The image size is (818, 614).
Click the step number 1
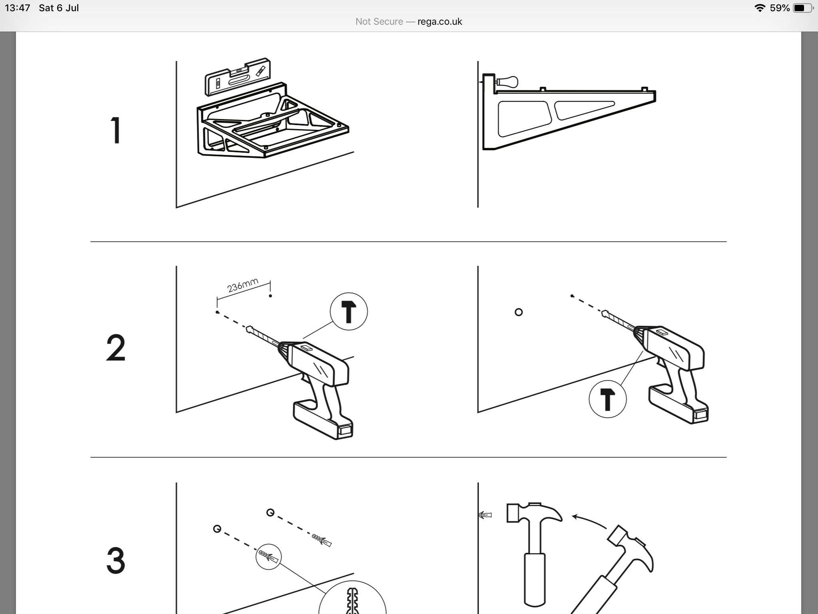click(115, 130)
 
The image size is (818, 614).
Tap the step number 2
click(115, 348)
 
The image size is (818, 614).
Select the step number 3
click(115, 561)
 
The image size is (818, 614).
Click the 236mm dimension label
click(242, 285)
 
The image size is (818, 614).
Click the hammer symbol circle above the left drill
click(349, 311)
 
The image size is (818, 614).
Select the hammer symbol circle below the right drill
click(608, 399)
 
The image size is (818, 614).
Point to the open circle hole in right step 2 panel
click(518, 312)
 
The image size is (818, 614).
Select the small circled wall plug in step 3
click(268, 556)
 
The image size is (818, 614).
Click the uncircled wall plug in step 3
click(322, 539)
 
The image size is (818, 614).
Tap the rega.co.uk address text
click(439, 22)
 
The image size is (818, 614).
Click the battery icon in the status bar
click(802, 8)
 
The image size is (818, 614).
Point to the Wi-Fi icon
click(759, 8)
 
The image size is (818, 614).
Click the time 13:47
click(18, 8)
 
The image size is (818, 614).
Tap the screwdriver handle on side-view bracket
click(508, 82)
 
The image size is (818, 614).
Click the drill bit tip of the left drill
click(249, 329)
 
